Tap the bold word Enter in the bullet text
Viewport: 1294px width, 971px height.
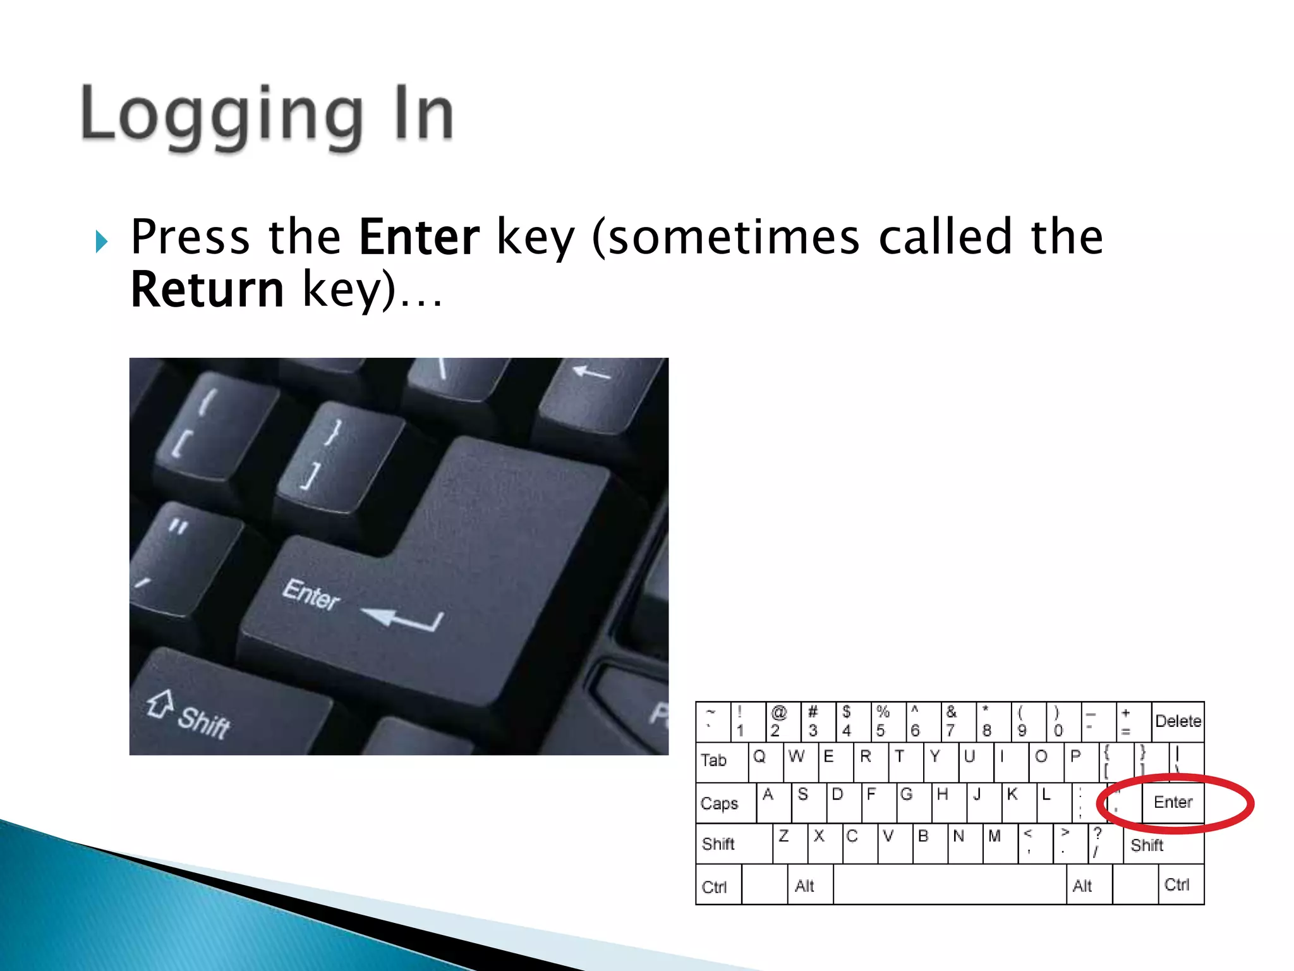pos(419,237)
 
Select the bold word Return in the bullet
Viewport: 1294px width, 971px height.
pos(207,290)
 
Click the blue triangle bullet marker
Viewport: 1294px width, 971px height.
pos(102,241)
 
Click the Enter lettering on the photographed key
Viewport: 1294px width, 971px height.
pos(311,594)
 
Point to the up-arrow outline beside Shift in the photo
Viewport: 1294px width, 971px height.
pos(160,703)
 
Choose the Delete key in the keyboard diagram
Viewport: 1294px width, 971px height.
pos(1178,721)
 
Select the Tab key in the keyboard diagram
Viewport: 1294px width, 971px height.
pos(721,761)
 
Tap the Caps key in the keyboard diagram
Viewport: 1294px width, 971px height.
pos(725,803)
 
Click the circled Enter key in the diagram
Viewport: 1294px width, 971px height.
pos(1173,802)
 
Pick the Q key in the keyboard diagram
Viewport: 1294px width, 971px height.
pos(765,761)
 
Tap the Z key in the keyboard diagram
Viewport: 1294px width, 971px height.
pos(789,843)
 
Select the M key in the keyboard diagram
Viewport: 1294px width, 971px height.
pos(1000,843)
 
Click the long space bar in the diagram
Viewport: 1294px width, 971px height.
pos(949,885)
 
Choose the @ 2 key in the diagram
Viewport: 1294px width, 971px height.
pos(782,721)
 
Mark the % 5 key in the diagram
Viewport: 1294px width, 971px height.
pos(887,721)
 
